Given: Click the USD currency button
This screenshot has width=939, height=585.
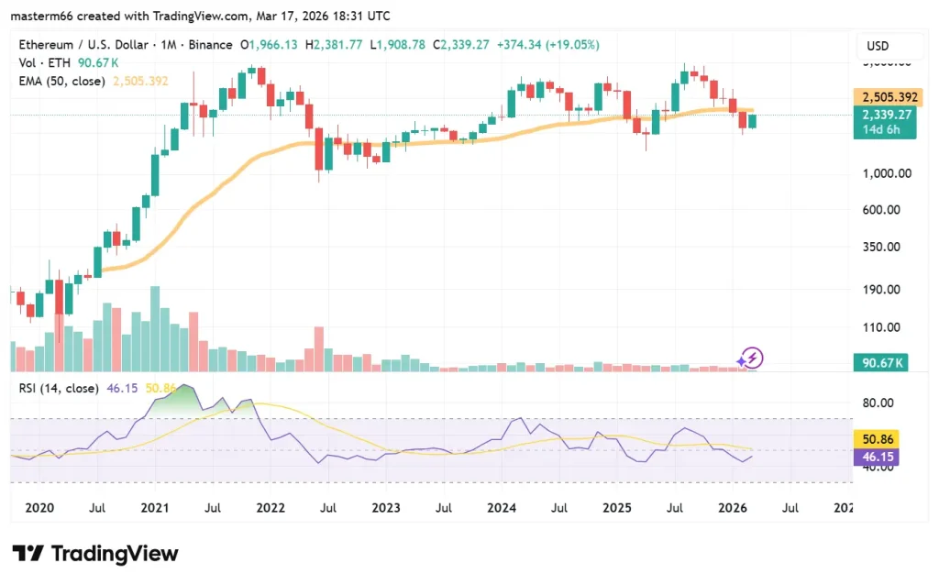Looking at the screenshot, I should tap(878, 46).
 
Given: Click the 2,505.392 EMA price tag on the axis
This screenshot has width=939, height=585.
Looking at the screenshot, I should tap(883, 97).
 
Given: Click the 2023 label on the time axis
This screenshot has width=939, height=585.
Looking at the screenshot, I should tap(385, 506).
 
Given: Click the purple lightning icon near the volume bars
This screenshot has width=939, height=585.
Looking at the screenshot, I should tap(751, 358).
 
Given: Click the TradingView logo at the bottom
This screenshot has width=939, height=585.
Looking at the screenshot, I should tap(95, 554).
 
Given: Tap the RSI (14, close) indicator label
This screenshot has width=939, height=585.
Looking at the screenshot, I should tap(59, 388).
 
